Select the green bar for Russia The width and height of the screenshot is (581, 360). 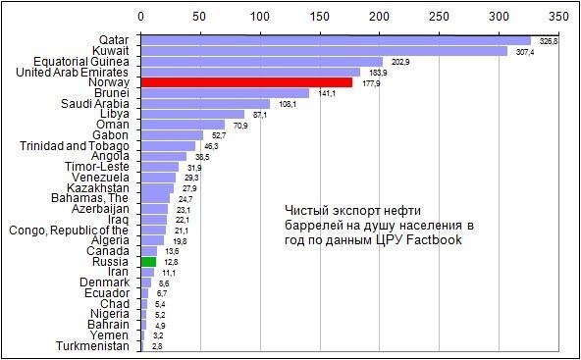pyautogui.click(x=148, y=262)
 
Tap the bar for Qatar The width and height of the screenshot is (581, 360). pyautogui.click(x=336, y=40)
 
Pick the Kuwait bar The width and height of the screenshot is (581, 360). pyautogui.click(x=324, y=51)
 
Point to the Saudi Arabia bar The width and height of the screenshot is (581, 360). pyautogui.click(x=205, y=104)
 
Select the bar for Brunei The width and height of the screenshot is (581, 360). pyautogui.click(x=225, y=93)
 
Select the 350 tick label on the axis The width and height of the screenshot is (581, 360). pyautogui.click(x=558, y=18)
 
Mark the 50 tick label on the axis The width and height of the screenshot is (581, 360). pyautogui.click(x=200, y=18)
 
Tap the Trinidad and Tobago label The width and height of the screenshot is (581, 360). pyautogui.click(x=75, y=146)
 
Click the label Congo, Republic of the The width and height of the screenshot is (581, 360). pyautogui.click(x=69, y=231)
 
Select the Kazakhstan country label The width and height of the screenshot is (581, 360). pyautogui.click(x=97, y=188)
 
